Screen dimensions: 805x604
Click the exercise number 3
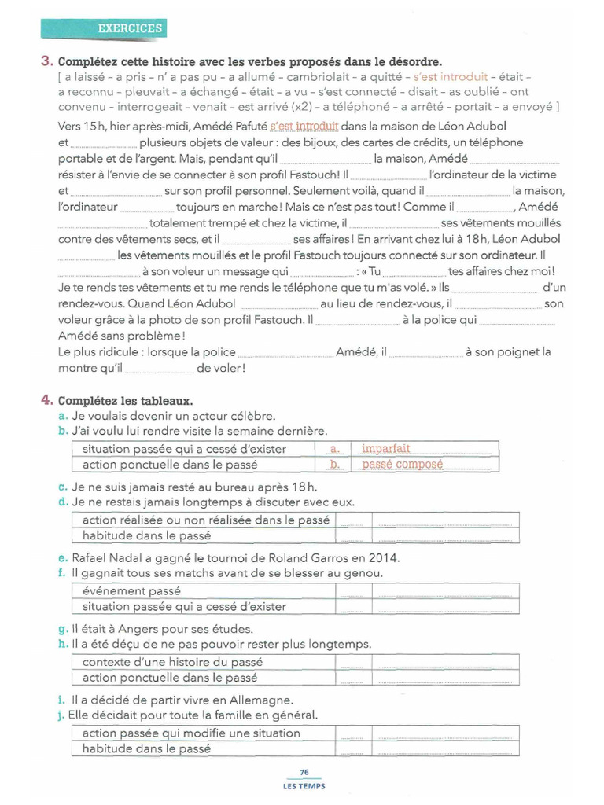point(46,61)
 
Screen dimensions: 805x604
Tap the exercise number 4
point(46,400)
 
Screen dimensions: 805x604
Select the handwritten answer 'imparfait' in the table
point(385,449)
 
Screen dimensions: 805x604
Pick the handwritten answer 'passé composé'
point(402,465)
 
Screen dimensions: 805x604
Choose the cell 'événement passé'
point(131,591)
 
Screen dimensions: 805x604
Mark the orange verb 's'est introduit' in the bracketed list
point(441,77)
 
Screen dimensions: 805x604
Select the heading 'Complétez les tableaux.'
point(124,401)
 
